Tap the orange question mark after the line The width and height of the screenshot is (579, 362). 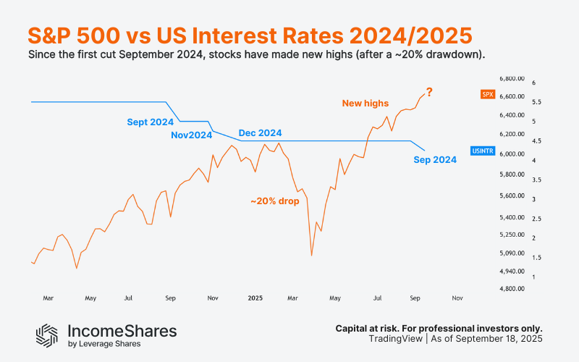click(x=429, y=92)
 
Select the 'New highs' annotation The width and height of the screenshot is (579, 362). click(x=365, y=104)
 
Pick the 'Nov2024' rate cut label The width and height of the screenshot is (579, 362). click(x=192, y=135)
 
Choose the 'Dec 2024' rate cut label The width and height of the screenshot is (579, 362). click(x=260, y=133)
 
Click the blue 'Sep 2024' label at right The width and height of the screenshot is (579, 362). click(x=435, y=160)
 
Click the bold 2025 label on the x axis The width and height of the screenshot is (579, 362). click(x=255, y=298)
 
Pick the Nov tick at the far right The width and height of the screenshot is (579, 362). click(x=457, y=298)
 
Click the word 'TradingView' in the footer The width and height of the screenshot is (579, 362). click(x=394, y=339)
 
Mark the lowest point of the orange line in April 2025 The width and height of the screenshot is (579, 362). click(x=311, y=255)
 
